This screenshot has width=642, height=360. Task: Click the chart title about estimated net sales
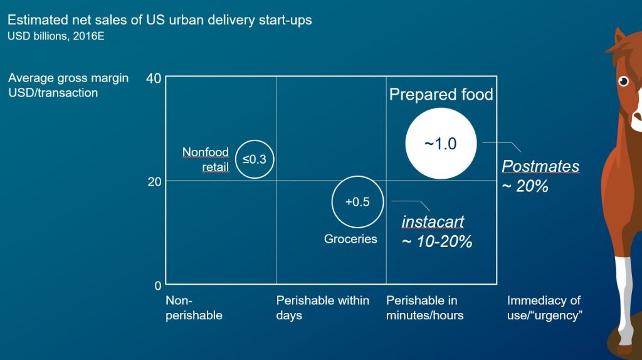(160, 20)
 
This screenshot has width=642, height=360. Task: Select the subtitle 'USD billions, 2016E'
(56, 36)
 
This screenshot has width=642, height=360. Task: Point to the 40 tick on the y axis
(154, 78)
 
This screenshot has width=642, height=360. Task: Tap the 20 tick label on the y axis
(154, 181)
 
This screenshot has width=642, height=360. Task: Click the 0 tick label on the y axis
(158, 285)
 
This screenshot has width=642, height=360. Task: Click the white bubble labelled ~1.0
(441, 144)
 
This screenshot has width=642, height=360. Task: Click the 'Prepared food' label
(441, 95)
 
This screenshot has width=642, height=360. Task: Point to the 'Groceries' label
(350, 239)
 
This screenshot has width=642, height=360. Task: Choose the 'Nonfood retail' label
(206, 160)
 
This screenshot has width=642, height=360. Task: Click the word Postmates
(540, 166)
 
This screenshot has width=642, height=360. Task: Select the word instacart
(433, 221)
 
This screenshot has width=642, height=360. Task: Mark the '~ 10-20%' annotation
(437, 241)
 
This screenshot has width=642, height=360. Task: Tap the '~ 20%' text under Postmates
(525, 186)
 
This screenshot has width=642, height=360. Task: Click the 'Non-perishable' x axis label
(194, 308)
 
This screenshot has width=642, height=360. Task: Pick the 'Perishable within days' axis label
(323, 308)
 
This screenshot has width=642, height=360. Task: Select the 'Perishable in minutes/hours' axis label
(425, 308)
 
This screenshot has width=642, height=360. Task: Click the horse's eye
(623, 81)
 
